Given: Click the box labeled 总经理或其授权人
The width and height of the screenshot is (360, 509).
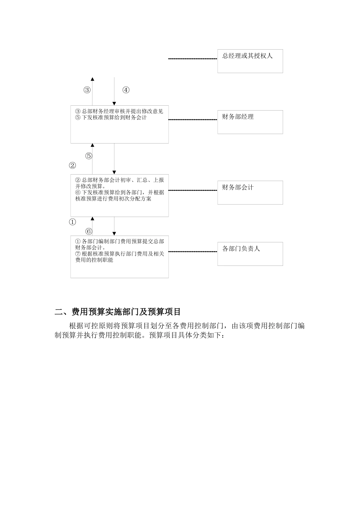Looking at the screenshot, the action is pos(250,61).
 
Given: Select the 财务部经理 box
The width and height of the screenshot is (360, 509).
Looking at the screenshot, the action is pos(250,122).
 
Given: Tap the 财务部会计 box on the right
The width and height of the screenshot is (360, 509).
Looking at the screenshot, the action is pos(250,192).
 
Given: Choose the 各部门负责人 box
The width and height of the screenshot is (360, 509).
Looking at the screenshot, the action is pos(250,254).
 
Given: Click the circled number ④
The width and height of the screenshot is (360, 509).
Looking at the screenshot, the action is pos(126,90).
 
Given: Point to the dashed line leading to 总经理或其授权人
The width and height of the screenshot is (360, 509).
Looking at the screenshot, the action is pos(193,59).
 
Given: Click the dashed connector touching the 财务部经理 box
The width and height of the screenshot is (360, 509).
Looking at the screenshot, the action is pos(193,120).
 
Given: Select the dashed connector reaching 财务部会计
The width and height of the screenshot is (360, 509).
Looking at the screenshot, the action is pos(193,190).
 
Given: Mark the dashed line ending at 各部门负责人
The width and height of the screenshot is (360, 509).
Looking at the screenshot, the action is pos(193,251).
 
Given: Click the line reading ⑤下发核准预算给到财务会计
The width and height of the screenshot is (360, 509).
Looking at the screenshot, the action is pos(111,117).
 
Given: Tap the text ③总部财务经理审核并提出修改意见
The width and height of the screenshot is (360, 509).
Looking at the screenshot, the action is pos(119,111).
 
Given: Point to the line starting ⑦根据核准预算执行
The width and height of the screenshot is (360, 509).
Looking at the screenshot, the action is pos(119,254).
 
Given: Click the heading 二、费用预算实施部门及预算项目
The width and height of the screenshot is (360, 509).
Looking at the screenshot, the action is pos(118,312).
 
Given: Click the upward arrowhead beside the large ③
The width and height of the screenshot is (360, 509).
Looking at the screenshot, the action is pos(92,79).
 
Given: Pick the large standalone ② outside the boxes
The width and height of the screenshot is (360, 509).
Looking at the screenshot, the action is pos(72,166).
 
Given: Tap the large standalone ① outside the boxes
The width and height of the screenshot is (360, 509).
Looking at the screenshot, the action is pos(72,222).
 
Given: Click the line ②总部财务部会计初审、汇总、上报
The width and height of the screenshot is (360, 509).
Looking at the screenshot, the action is pos(119,180).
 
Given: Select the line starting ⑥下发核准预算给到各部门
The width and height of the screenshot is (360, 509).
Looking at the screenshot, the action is pos(119,192).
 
